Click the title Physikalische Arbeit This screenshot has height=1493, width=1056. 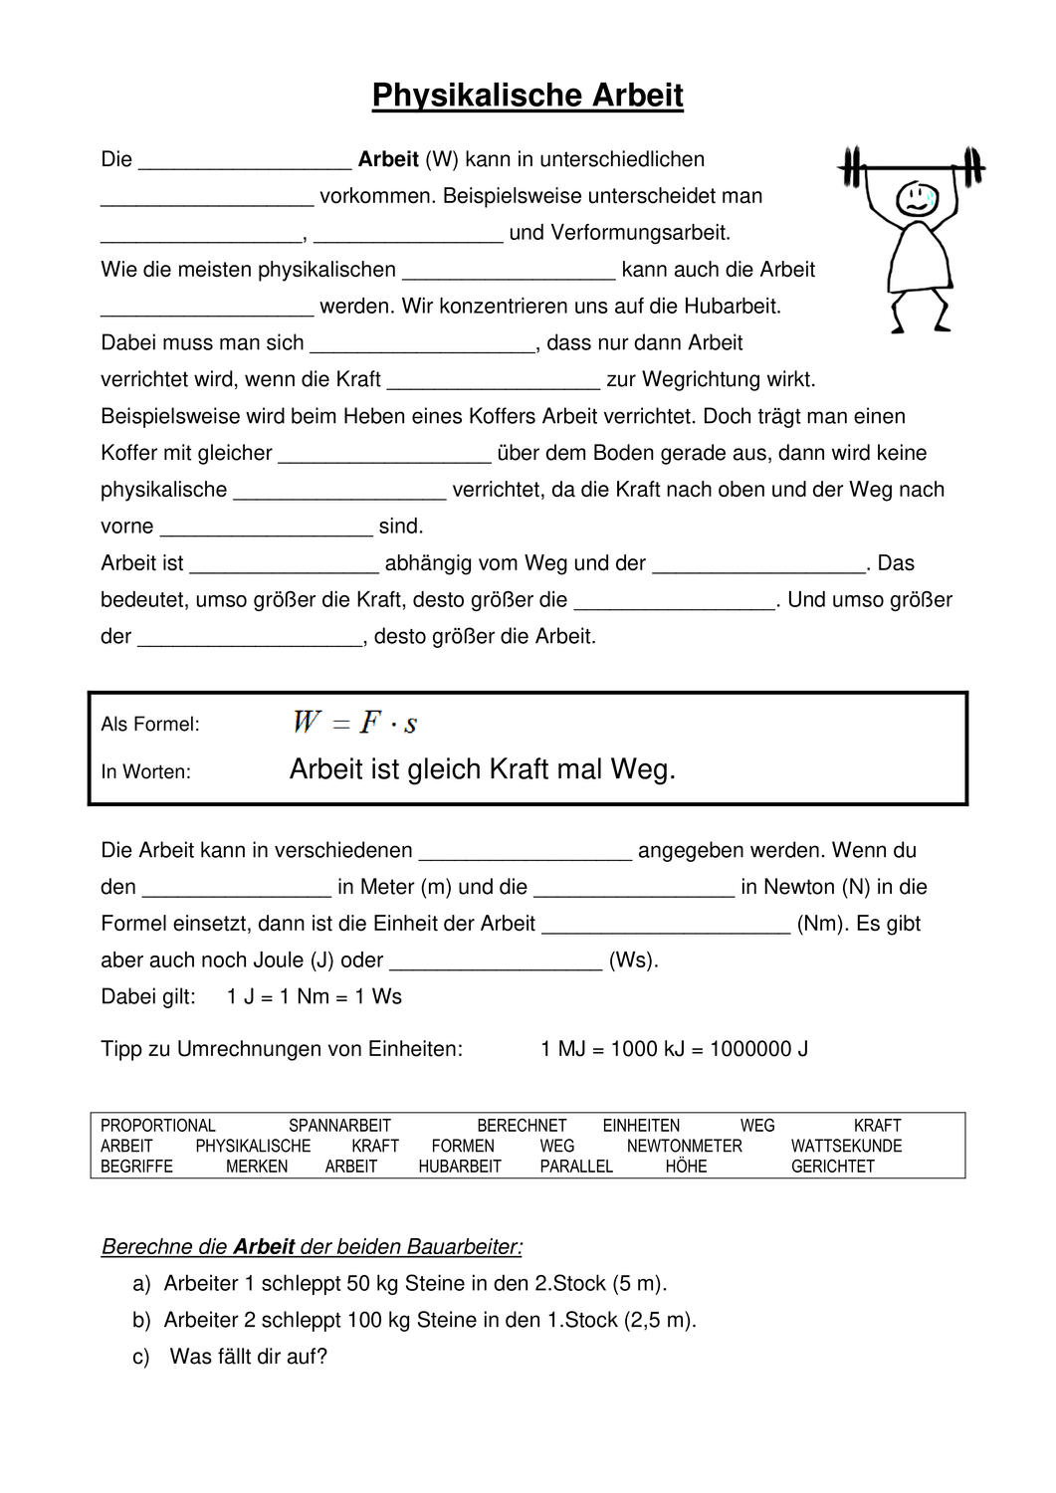tap(528, 96)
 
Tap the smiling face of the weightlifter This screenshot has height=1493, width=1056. tap(916, 198)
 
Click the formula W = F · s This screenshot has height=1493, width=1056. tap(355, 723)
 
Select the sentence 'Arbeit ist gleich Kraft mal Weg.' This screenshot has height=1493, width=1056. tap(483, 769)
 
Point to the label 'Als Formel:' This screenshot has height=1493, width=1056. tap(150, 725)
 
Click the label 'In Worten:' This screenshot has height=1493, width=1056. tap(146, 771)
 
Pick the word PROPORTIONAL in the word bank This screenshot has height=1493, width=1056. tap(158, 1126)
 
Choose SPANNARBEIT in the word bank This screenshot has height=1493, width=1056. tap(339, 1126)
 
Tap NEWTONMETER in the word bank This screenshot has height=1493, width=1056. tap(684, 1146)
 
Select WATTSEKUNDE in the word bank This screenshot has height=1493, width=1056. tap(846, 1146)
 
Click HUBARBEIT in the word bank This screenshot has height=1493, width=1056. tap(460, 1167)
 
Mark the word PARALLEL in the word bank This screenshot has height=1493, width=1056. tap(576, 1167)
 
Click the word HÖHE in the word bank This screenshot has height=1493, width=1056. tap(686, 1167)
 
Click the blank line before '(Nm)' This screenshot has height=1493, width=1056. tap(666, 929)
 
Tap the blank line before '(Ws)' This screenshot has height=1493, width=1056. tap(497, 965)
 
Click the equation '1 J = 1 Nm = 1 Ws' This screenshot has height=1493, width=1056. tap(315, 997)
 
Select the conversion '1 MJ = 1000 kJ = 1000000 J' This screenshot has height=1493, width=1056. tap(674, 1049)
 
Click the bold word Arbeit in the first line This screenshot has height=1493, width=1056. tap(388, 159)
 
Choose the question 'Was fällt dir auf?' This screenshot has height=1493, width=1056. tap(248, 1357)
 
